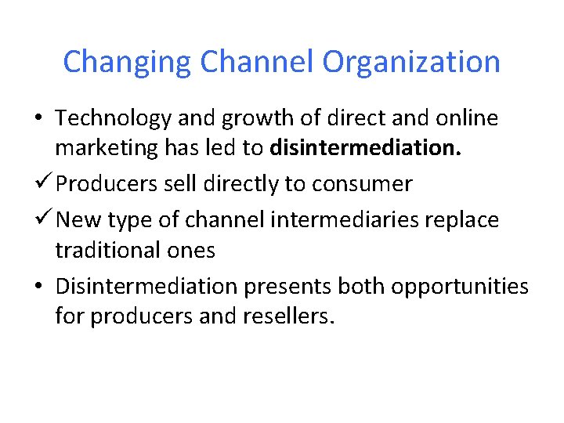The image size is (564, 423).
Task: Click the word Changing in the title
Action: tap(128, 62)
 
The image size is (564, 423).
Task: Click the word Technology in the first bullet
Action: tap(114, 118)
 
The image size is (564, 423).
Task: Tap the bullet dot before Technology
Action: tap(38, 119)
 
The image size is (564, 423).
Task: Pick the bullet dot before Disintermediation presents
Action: tap(38, 286)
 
